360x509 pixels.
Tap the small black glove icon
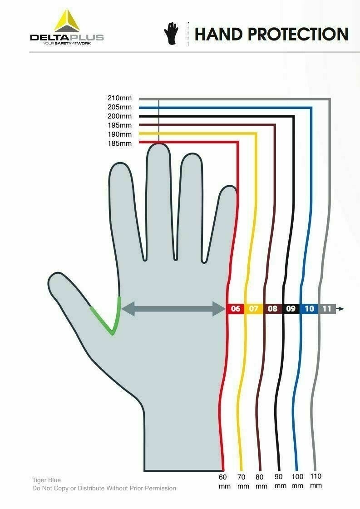[172, 34]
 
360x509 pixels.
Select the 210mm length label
[119, 98]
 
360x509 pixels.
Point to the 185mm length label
[119, 143]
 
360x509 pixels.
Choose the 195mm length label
[119, 125]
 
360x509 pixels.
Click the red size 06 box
[235, 309]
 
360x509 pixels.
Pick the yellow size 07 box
[254, 309]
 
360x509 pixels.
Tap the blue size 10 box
[309, 309]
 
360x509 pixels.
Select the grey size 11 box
[327, 309]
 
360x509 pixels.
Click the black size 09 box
[291, 309]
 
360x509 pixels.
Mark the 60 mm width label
[222, 481]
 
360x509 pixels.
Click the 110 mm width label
[316, 481]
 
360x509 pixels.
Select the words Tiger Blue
[46, 479]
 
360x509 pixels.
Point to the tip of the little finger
[228, 190]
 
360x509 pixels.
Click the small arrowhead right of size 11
[341, 309]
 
